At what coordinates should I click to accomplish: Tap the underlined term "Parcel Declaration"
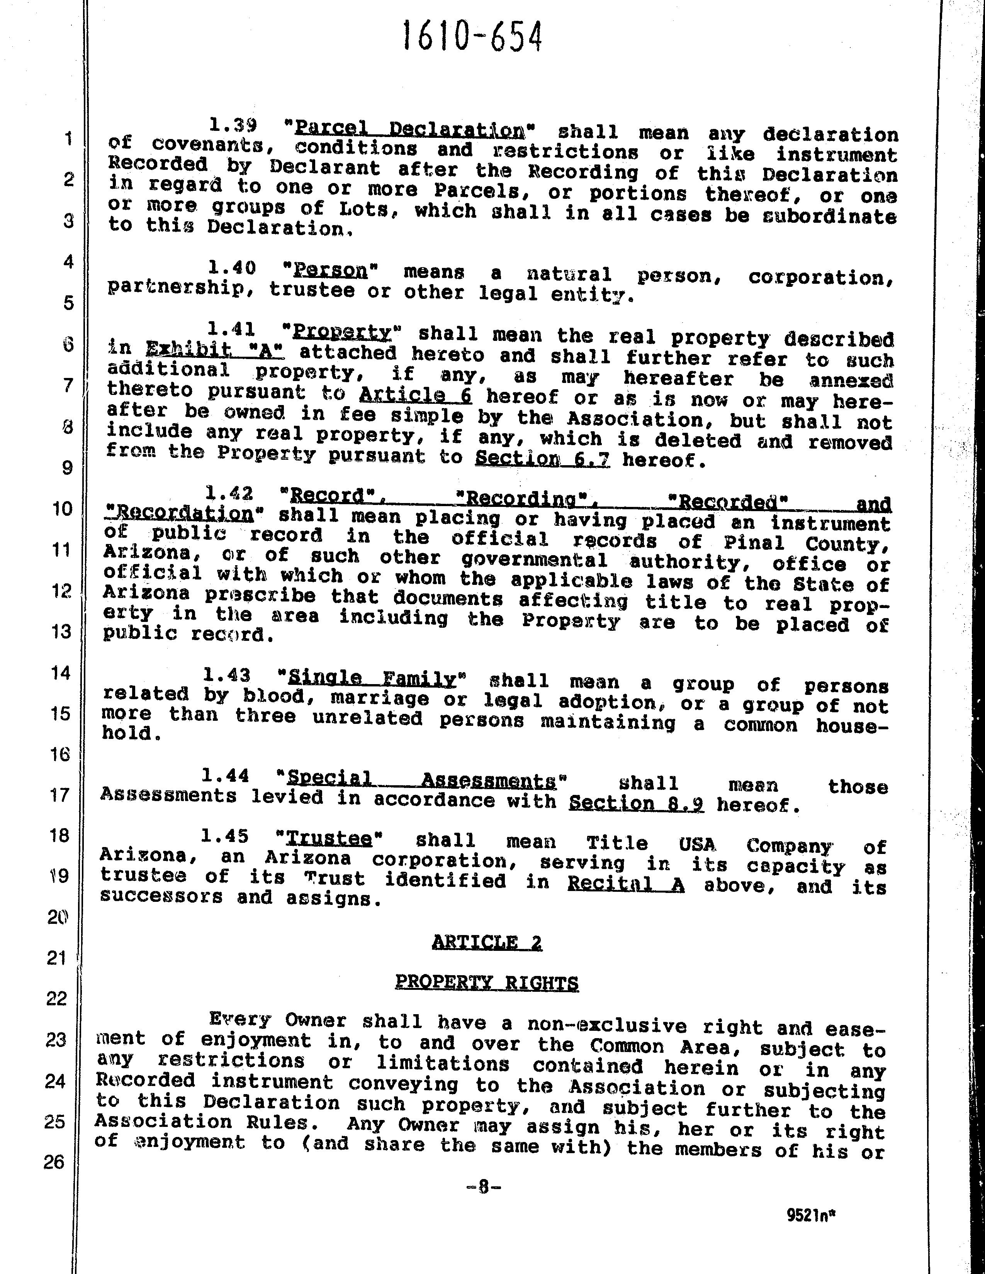click(409, 129)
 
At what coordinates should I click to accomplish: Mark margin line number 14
click(61, 673)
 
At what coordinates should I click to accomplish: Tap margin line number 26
click(54, 1162)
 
